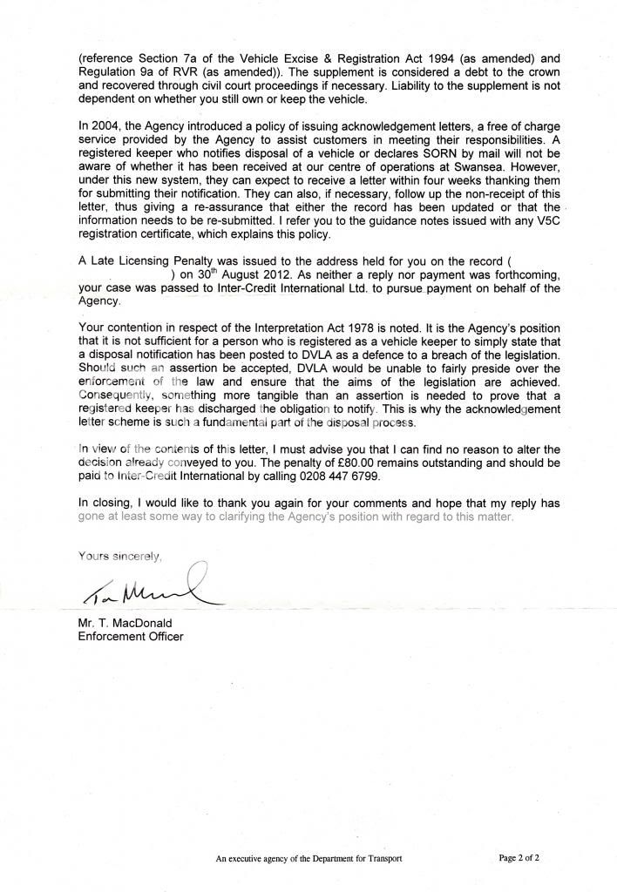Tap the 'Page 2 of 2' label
(519, 858)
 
